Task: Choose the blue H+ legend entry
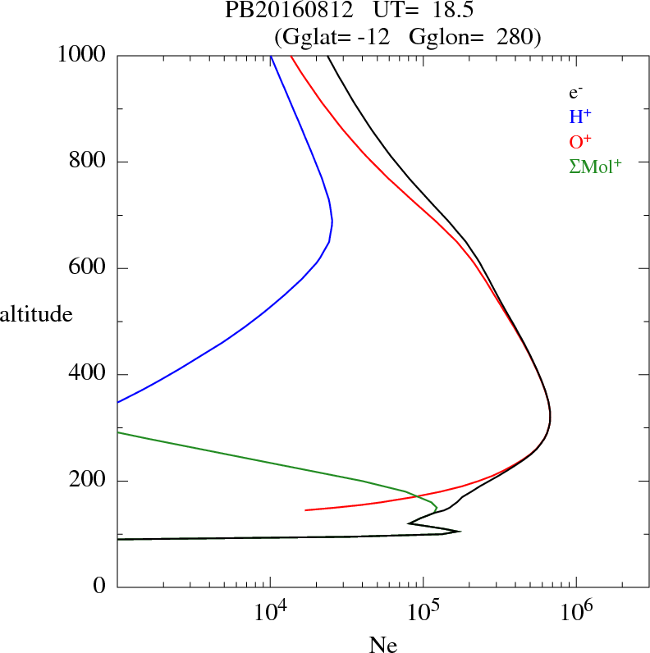(581, 116)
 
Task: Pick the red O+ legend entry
(581, 141)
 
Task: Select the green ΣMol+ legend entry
(595, 166)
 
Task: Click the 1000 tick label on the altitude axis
(83, 56)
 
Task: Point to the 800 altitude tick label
(88, 162)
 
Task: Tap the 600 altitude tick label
(88, 268)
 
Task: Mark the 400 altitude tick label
(88, 375)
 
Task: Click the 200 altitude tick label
(88, 481)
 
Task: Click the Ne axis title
(382, 645)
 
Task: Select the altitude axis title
(36, 313)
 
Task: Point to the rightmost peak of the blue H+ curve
(332, 221)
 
